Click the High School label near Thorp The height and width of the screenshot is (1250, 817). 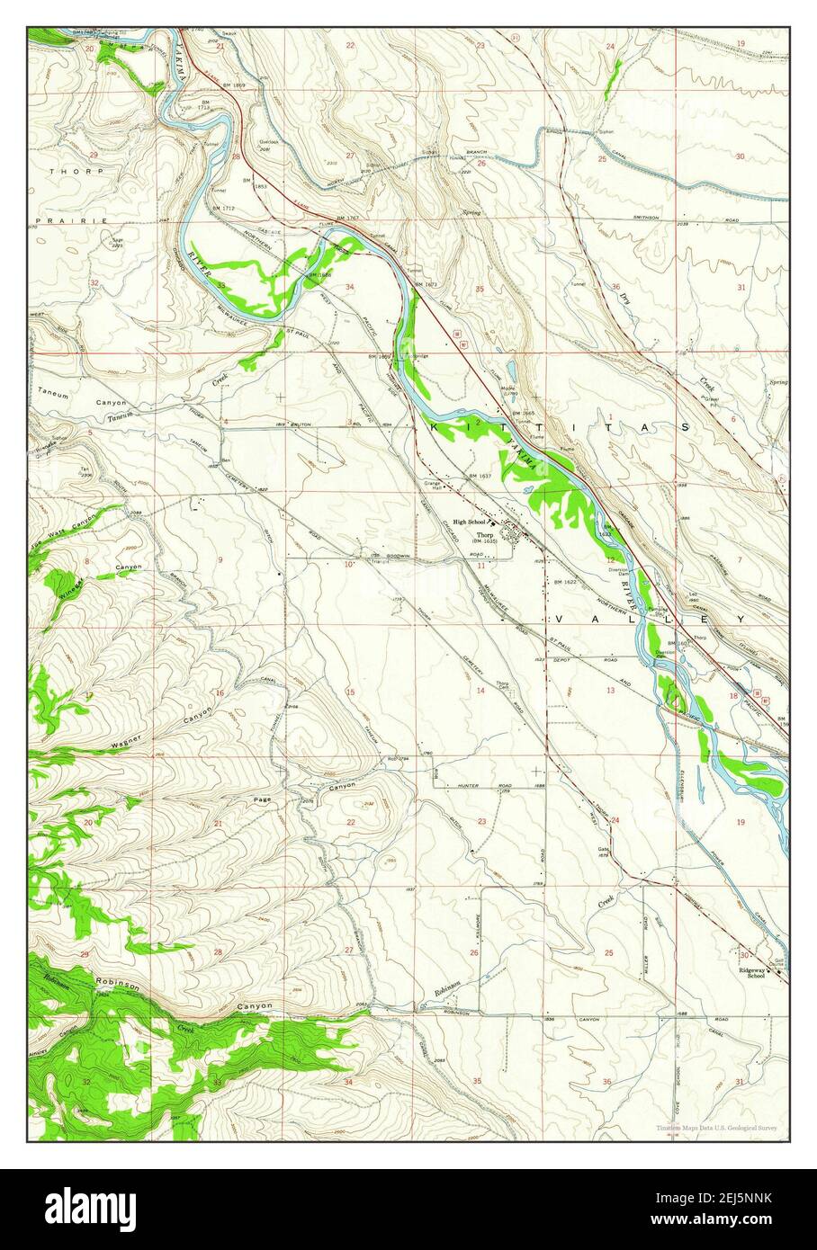pos(469,522)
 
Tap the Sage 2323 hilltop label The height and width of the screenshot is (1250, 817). pos(117,243)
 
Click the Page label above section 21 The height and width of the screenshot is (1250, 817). pos(262,799)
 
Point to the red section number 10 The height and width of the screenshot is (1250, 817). pos(348,565)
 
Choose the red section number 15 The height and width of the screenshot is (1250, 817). pos(350,692)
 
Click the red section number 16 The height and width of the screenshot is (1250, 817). pos(219,692)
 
